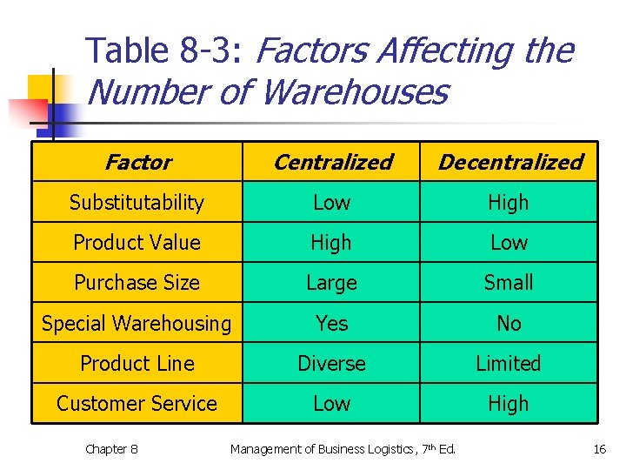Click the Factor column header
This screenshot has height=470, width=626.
(x=137, y=162)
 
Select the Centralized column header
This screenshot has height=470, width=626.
(x=332, y=162)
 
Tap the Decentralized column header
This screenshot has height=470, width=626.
(x=509, y=162)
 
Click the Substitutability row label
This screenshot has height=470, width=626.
(x=137, y=203)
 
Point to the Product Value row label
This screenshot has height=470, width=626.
(x=137, y=243)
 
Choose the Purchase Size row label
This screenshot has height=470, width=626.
(x=137, y=283)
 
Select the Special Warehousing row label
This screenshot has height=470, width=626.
(x=137, y=324)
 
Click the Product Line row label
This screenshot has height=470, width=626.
(x=137, y=364)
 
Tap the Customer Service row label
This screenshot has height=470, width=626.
(x=137, y=404)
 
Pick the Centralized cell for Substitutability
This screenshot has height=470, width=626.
(x=331, y=203)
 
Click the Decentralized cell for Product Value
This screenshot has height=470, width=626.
(x=509, y=243)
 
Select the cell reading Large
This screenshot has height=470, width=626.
(x=331, y=283)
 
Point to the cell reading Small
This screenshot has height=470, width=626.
(x=509, y=283)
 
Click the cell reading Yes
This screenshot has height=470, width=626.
(x=331, y=324)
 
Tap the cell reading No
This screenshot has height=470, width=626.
(x=509, y=324)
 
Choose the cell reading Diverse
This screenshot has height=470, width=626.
(x=331, y=364)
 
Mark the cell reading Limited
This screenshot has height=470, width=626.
(x=509, y=364)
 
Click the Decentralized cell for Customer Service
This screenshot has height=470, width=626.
(x=509, y=404)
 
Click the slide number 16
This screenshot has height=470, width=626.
(x=599, y=449)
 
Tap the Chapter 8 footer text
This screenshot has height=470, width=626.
(x=111, y=449)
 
